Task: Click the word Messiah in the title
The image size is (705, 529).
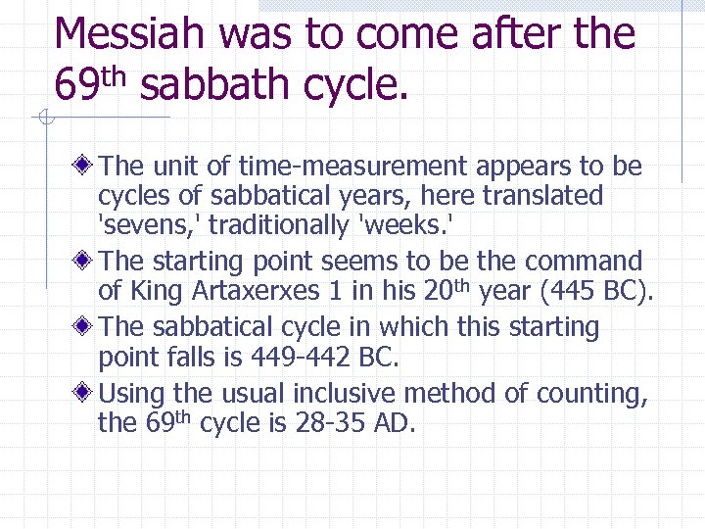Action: click(x=130, y=34)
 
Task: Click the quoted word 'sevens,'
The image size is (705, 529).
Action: click(x=150, y=226)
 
